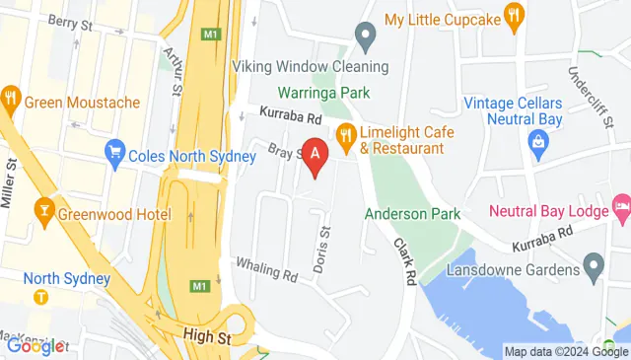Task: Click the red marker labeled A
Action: [x=315, y=156]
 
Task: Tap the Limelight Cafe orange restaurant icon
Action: [x=345, y=134]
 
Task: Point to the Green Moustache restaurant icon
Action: [x=12, y=98]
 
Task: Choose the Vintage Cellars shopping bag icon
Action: [x=538, y=144]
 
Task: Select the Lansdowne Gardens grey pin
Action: [x=593, y=264]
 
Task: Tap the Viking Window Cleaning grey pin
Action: [x=366, y=39]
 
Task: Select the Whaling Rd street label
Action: [x=266, y=267]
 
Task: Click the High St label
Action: [x=206, y=337]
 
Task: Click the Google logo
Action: [x=35, y=345]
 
